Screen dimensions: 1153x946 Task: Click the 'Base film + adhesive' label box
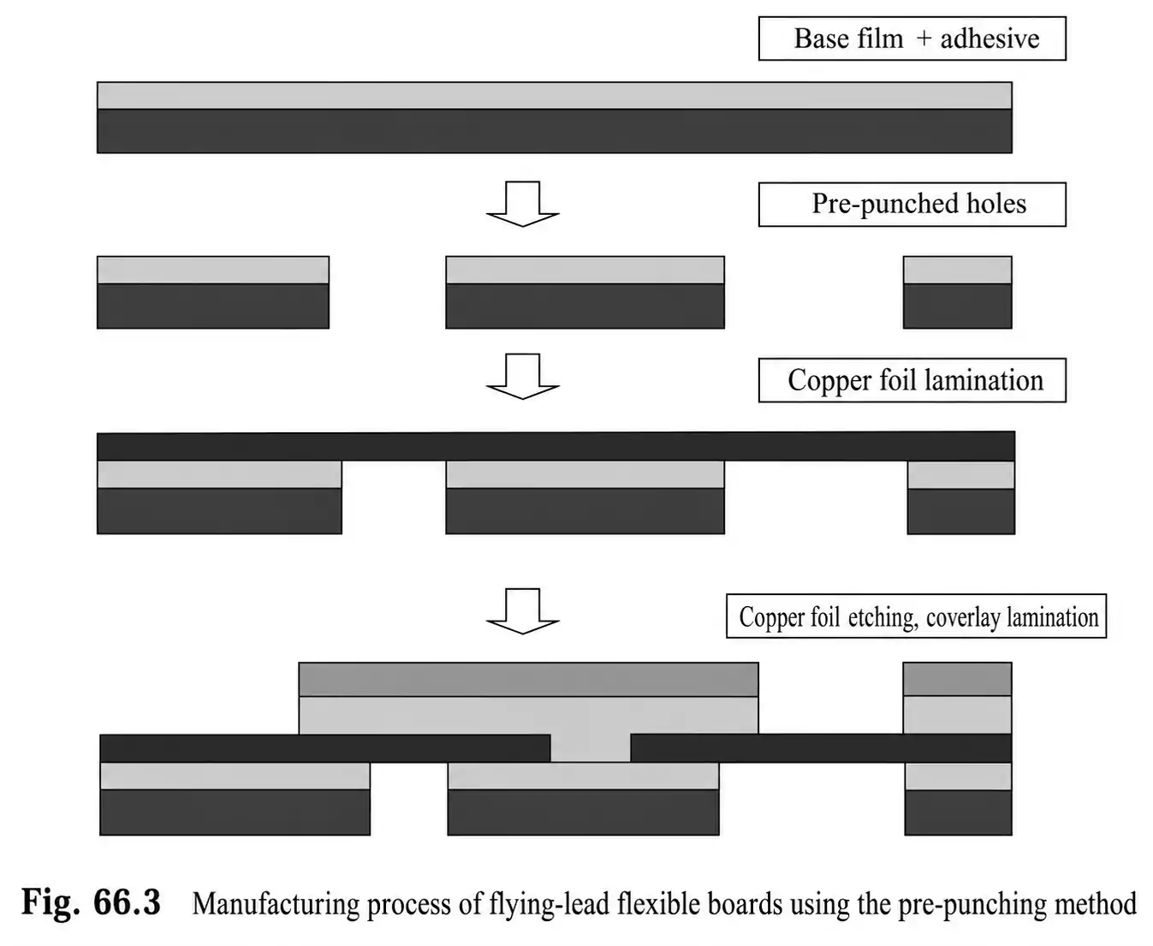click(x=912, y=39)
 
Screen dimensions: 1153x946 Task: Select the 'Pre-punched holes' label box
click(x=912, y=204)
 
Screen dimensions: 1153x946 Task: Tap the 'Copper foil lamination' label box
click(x=912, y=380)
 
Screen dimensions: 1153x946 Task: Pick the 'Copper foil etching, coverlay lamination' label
click(x=916, y=616)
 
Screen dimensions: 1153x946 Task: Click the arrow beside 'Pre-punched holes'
click(x=523, y=204)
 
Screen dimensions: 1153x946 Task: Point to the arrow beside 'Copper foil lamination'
click(x=523, y=377)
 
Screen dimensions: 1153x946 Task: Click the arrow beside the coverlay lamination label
click(x=523, y=611)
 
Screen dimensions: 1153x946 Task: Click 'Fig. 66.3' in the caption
click(x=91, y=901)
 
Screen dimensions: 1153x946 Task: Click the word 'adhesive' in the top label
click(x=990, y=39)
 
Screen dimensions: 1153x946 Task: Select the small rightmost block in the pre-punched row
click(x=957, y=292)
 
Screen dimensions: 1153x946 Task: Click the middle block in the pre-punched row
click(x=585, y=292)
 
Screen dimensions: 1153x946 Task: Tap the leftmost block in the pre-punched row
click(x=213, y=292)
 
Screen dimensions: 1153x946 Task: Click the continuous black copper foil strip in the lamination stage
click(x=556, y=446)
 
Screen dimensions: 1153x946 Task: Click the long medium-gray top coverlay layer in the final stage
click(x=529, y=679)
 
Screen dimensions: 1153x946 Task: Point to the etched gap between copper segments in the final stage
click(x=591, y=748)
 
